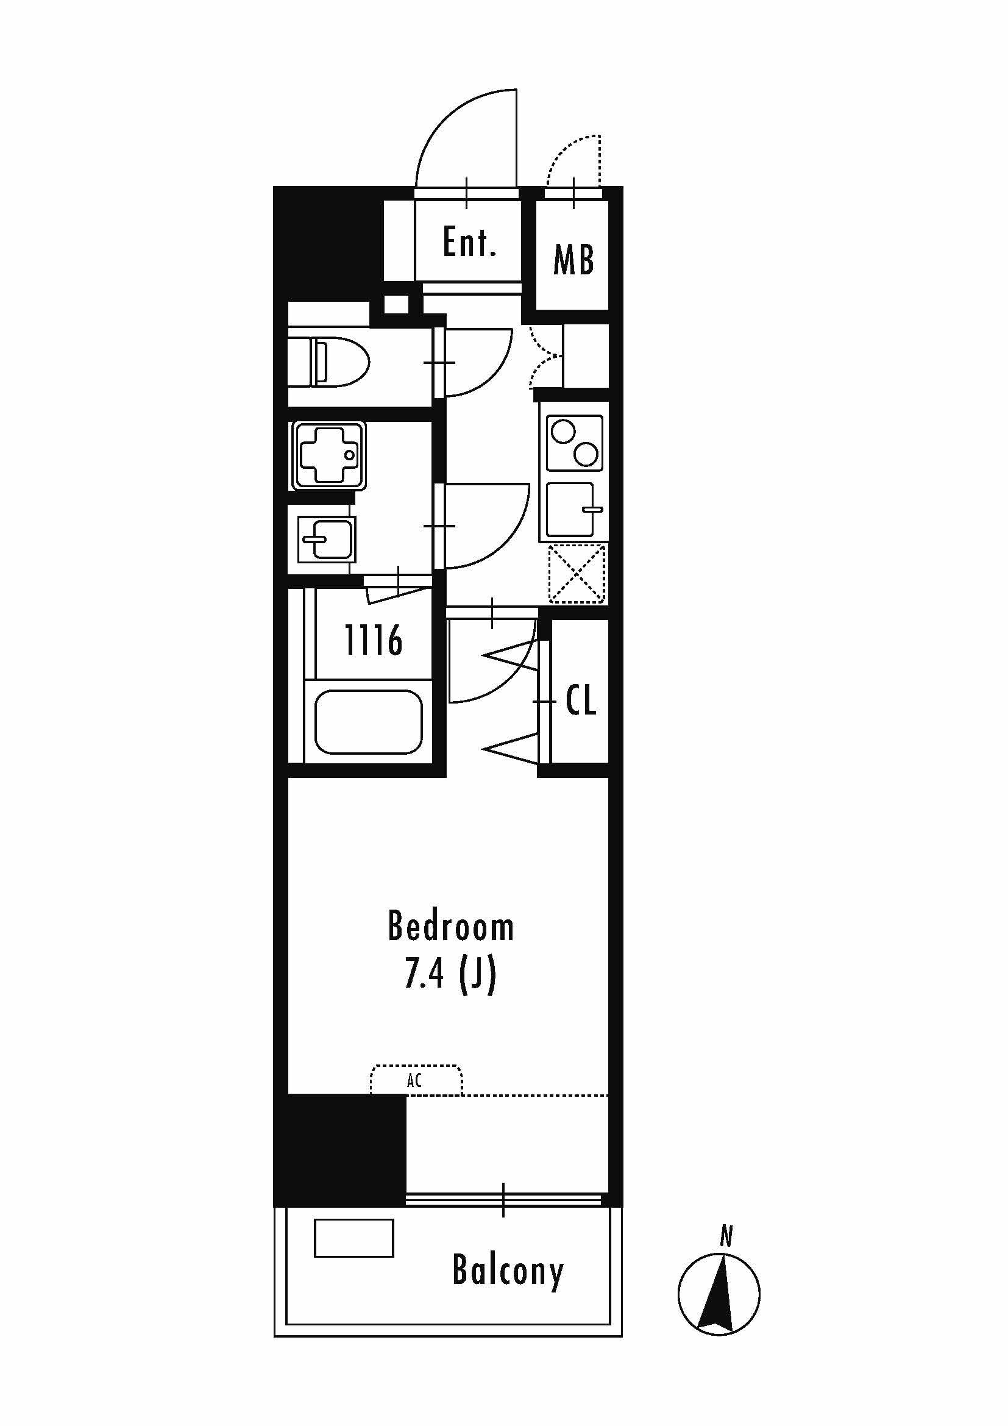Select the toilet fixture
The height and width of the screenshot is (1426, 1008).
pyautogui.click(x=329, y=362)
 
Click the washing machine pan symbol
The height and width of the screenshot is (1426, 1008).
pyautogui.click(x=328, y=455)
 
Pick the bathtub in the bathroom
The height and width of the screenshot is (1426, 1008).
pyautogui.click(x=369, y=722)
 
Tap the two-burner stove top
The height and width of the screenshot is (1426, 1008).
pyautogui.click(x=574, y=443)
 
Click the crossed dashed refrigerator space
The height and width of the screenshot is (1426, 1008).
pyautogui.click(x=577, y=574)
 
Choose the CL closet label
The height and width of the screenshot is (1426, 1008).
pyautogui.click(x=580, y=699)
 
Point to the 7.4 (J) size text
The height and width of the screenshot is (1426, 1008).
pyautogui.click(x=450, y=973)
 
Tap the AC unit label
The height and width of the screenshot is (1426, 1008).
pyautogui.click(x=414, y=1080)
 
